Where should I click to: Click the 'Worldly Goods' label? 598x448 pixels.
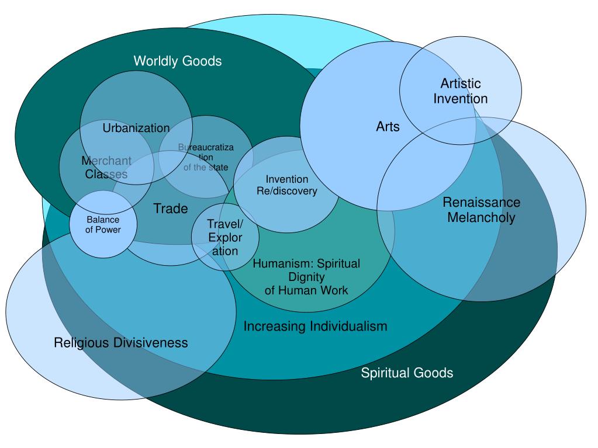[178, 61]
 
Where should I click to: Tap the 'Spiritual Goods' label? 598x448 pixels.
[407, 373]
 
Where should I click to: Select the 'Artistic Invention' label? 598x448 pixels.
[461, 91]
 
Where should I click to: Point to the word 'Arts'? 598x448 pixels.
[388, 126]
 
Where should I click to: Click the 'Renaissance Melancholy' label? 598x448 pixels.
[481, 210]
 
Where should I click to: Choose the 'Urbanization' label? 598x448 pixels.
[136, 128]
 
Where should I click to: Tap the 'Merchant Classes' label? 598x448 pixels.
[106, 167]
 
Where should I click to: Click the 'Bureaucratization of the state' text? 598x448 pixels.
[206, 158]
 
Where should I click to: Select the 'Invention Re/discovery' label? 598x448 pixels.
[286, 185]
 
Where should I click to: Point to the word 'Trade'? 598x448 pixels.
[171, 209]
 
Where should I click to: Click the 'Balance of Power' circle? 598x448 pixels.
[103, 225]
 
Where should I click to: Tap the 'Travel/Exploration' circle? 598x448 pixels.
[225, 237]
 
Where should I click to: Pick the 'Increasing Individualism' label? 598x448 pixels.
[315, 326]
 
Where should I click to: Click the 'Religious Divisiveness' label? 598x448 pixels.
[121, 342]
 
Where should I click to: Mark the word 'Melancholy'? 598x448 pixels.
[481, 217]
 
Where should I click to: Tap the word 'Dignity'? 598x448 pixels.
[306, 277]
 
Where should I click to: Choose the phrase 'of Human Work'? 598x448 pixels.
[306, 290]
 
